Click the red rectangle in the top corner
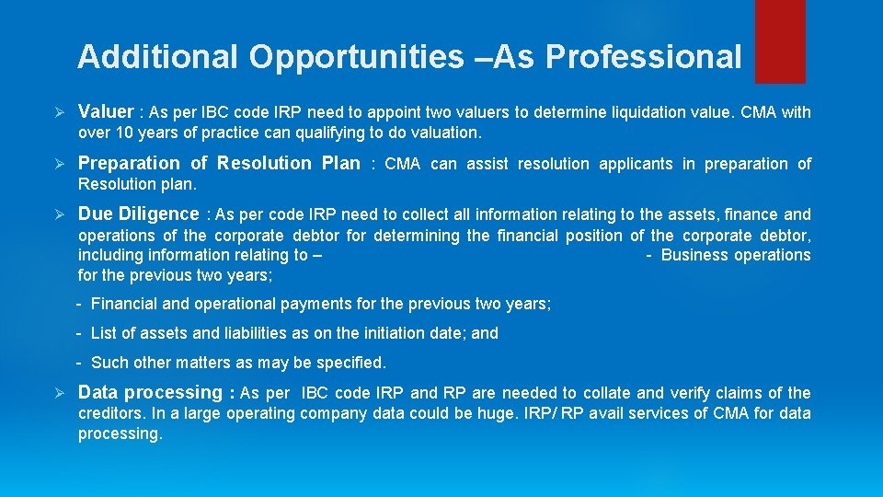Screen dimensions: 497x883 pyautogui.click(x=779, y=40)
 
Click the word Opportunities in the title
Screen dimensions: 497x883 pyautogui.click(x=356, y=57)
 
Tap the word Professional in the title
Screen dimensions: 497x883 pyautogui.click(x=643, y=57)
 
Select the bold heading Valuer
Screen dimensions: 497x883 pyautogui.click(x=106, y=111)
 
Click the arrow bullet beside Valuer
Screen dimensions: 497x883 pyautogui.click(x=57, y=112)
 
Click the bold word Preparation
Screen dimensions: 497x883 pyautogui.click(x=129, y=163)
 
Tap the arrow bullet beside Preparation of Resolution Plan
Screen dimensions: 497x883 pyautogui.click(x=57, y=164)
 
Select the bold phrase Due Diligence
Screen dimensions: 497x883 pyautogui.click(x=138, y=214)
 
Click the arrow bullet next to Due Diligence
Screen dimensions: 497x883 pyautogui.click(x=57, y=214)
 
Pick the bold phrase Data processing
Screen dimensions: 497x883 pyautogui.click(x=150, y=392)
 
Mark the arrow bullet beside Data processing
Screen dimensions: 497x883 pyautogui.click(x=57, y=393)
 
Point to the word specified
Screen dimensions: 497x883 pyautogui.click(x=351, y=363)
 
